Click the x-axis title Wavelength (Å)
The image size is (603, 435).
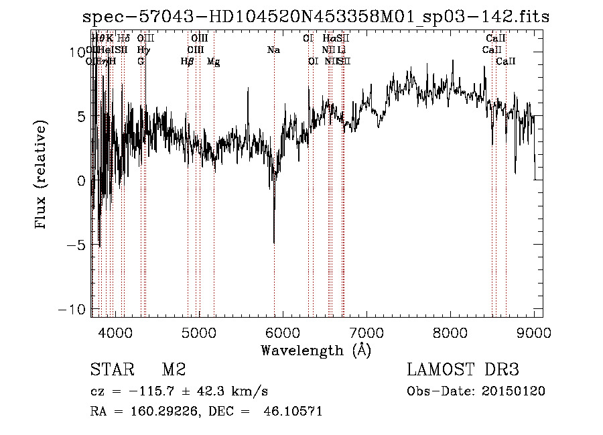316,350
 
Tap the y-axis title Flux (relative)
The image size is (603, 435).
42,176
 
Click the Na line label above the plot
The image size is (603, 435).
273,50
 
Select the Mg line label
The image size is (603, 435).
213,62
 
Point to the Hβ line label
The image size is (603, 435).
187,62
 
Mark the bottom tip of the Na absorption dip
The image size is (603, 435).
274,243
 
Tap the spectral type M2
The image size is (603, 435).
174,370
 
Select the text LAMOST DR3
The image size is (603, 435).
463,370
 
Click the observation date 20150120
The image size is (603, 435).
514,391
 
